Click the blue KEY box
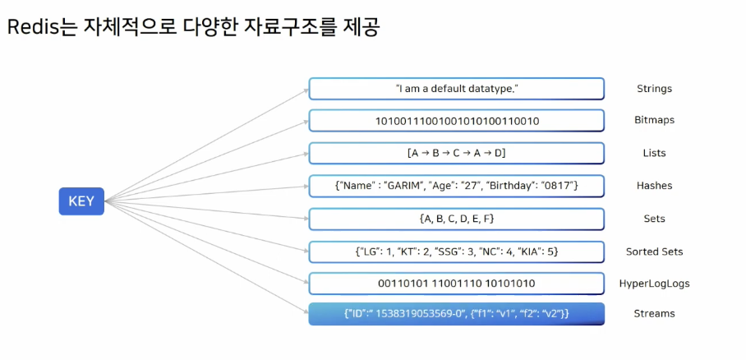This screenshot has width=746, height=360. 81,201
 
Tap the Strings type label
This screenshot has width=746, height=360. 654,88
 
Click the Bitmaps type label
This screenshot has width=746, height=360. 656,120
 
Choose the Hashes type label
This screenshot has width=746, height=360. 655,186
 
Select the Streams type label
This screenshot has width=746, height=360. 655,313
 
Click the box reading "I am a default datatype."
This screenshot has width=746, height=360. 457,88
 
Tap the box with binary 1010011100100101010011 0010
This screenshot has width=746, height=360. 457,121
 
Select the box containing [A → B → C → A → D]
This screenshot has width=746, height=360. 457,154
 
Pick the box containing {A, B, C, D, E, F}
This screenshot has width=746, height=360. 457,219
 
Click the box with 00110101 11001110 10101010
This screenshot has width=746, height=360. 457,284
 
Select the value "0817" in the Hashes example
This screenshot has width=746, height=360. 557,186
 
